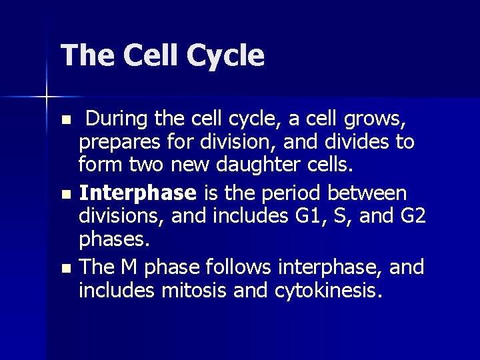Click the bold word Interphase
[x=137, y=193]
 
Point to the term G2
[x=411, y=216]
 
